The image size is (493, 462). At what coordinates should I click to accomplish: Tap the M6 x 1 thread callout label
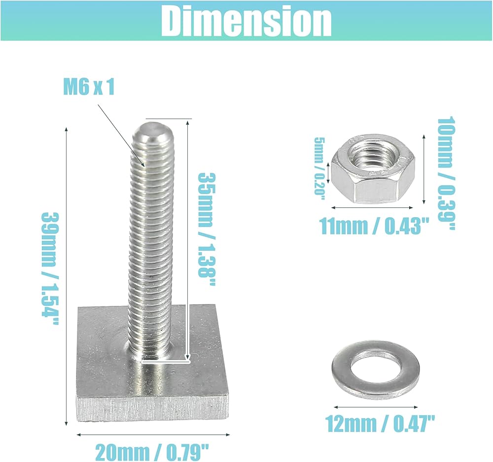[x=89, y=87]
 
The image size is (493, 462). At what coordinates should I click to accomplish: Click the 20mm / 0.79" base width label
[x=152, y=452]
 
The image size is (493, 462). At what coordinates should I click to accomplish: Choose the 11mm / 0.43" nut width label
[x=374, y=226]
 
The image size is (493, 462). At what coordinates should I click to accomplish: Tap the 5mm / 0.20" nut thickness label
[x=320, y=166]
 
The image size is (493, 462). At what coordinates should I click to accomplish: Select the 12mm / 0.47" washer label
[x=380, y=424]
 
